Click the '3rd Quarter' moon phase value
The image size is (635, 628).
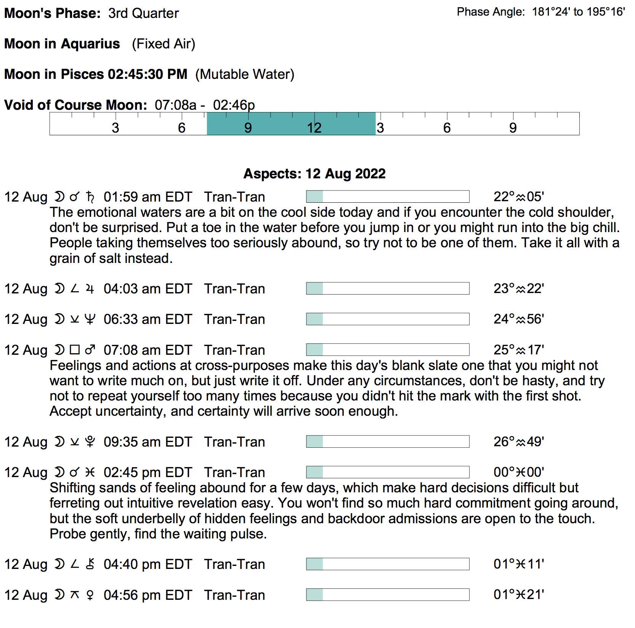143,13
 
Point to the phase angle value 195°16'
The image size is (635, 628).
606,12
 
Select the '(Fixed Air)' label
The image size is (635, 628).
164,44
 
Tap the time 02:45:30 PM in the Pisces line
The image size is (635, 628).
148,74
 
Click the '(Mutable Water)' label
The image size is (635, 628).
245,74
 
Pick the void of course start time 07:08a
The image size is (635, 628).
175,105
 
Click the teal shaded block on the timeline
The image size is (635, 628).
291,124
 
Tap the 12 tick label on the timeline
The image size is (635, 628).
314,128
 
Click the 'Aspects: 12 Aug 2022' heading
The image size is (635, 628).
314,174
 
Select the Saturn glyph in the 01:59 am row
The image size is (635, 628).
90,197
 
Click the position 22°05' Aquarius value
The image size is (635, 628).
518,197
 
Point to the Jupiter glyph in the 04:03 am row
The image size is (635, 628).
90,289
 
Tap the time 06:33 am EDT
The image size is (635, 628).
148,319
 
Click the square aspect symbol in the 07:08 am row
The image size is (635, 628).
75,350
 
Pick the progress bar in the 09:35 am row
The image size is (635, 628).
387,442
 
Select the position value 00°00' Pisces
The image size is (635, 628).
518,473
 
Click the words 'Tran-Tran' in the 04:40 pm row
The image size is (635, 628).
234,564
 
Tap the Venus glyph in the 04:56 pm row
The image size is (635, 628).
90,595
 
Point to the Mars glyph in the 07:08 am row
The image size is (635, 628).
90,350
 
